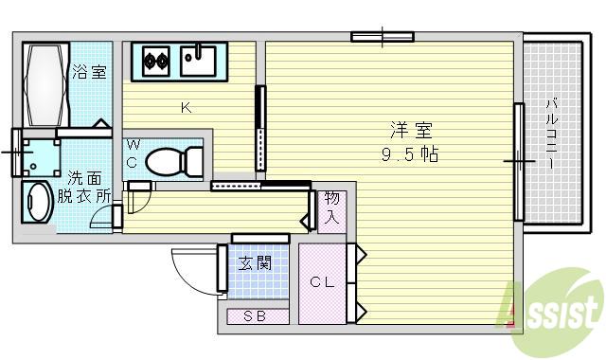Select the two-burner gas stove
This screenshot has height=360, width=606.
coord(155,63)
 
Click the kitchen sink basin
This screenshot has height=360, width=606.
coord(199,63)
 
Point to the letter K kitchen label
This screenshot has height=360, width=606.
coord(187,107)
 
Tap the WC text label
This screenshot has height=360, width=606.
coord(134,153)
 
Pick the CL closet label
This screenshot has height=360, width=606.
coord(322,281)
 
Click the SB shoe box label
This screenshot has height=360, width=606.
coord(256,316)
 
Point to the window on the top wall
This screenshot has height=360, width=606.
coord(383,39)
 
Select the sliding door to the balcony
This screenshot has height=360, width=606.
coord(519,162)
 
